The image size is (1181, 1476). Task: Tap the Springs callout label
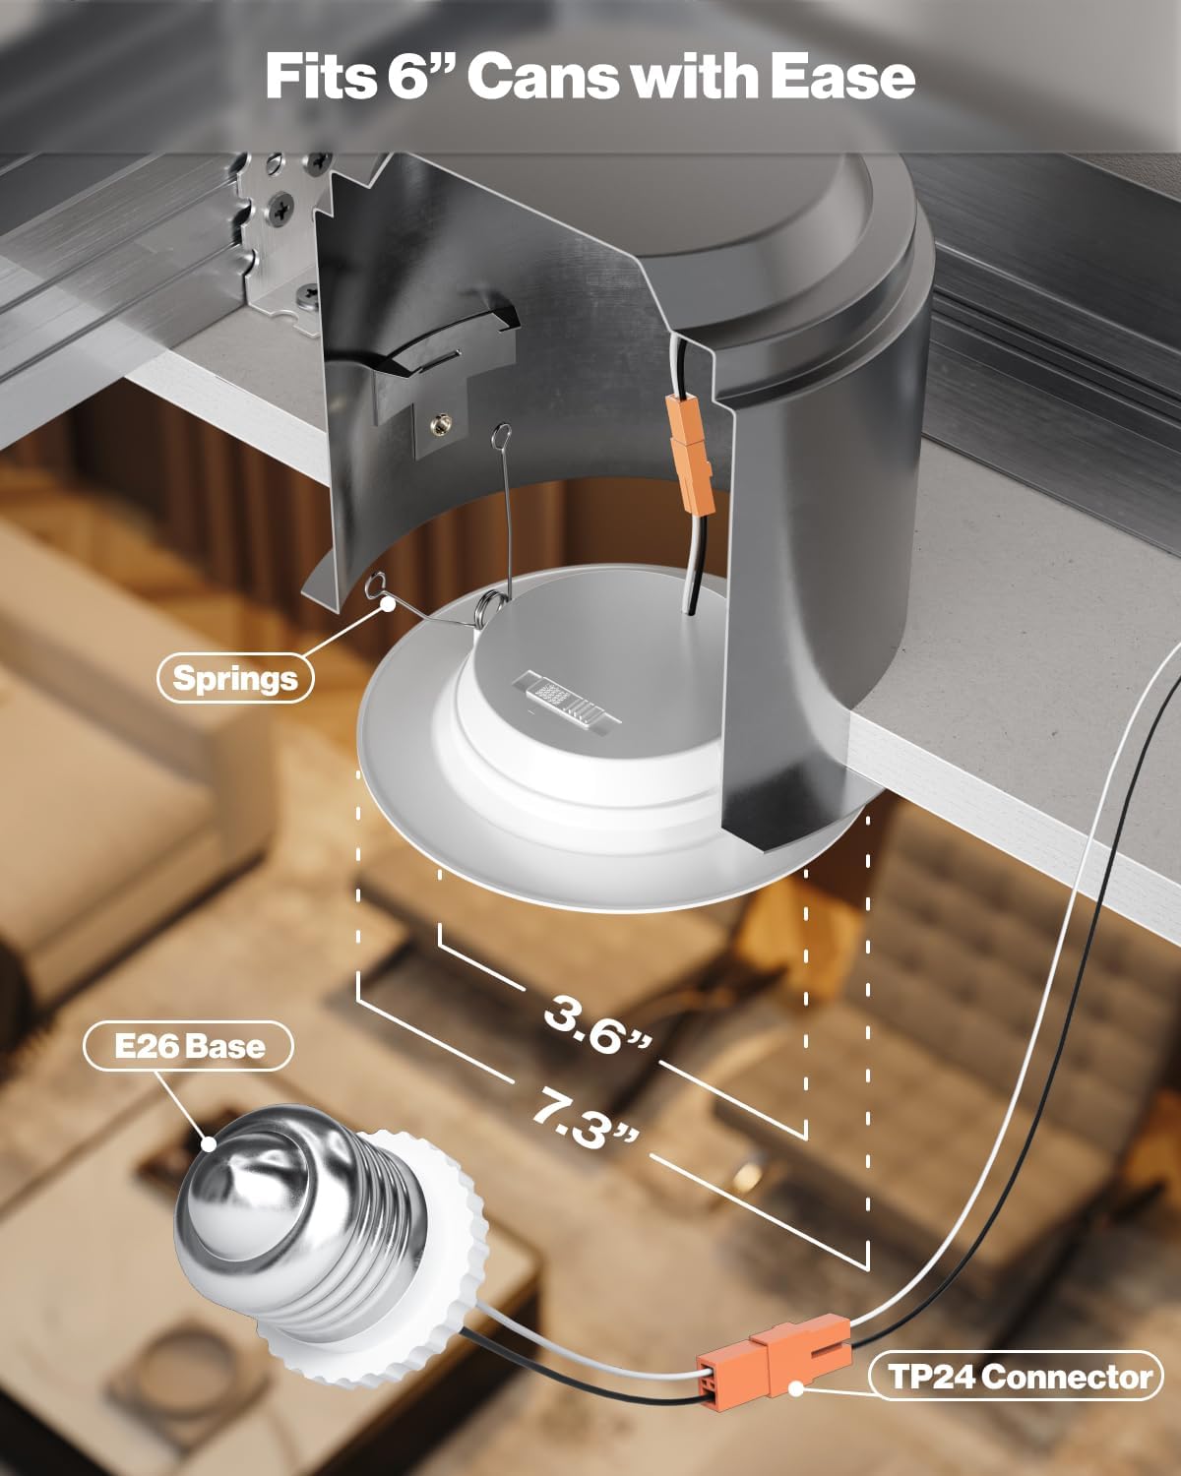[x=235, y=678]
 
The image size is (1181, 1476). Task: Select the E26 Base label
[x=189, y=1046]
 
